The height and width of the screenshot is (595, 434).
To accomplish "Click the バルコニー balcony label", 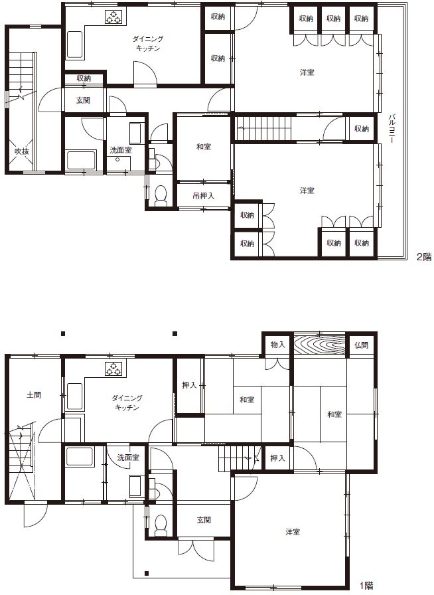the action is [x=392, y=129].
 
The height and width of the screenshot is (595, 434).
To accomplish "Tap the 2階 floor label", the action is [x=424, y=257].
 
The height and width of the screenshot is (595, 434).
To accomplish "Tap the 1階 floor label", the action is [x=366, y=586].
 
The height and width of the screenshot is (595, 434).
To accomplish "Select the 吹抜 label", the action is [x=22, y=151].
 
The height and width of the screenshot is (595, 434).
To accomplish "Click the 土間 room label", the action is [x=34, y=395].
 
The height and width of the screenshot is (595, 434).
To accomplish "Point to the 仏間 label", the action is [x=361, y=345].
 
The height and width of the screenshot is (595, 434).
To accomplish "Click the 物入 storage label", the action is [x=277, y=345].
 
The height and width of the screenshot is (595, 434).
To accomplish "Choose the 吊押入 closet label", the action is [x=203, y=196].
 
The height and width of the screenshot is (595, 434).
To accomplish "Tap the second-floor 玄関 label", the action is [x=83, y=100].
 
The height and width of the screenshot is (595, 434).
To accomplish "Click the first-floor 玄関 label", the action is [x=204, y=520].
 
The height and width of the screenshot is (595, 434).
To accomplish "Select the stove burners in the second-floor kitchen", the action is [x=113, y=17].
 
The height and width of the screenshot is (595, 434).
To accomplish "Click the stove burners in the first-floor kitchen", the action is [x=113, y=369].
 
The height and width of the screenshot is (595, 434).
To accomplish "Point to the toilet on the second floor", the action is [x=161, y=196].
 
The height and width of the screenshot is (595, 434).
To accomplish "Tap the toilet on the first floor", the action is [x=161, y=525].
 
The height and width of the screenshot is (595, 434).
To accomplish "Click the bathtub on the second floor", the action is [x=81, y=161].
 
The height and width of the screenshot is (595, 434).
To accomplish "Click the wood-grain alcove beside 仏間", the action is [x=320, y=345].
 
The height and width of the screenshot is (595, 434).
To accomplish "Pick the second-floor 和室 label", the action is [x=204, y=147].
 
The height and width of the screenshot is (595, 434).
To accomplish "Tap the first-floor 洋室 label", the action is [x=293, y=532].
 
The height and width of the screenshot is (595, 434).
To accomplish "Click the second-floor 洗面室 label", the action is [x=121, y=150].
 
